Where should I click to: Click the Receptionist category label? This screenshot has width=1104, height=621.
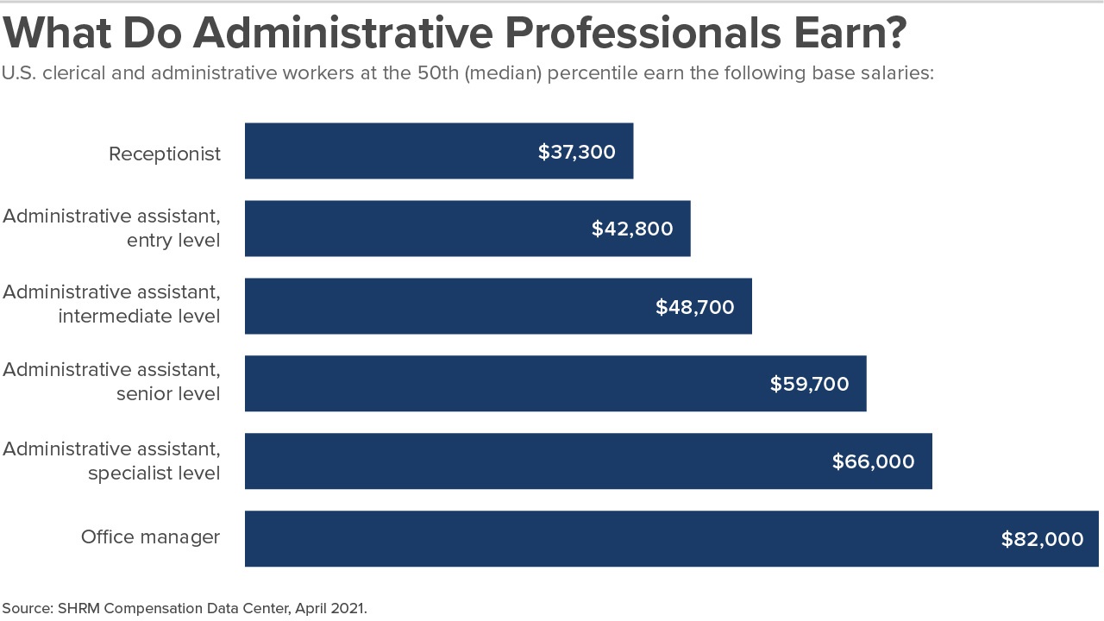tap(165, 154)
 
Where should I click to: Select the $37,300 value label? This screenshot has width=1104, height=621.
tap(577, 153)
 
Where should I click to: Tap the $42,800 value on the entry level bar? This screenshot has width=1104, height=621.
tap(632, 229)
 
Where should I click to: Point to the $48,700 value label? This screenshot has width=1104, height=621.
tap(695, 307)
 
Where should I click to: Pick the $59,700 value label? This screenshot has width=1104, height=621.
tap(810, 385)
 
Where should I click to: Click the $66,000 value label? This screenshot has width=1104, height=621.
tap(874, 462)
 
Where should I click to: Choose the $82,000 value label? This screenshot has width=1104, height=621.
tap(1043, 540)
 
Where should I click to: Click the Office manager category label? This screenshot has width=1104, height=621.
tap(151, 537)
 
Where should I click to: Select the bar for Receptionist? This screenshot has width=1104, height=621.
tap(388, 151)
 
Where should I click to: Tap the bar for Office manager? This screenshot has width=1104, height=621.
tap(604, 539)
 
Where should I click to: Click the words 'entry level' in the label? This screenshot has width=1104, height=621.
tap(173, 240)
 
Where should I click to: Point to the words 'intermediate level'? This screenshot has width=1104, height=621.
tap(140, 317)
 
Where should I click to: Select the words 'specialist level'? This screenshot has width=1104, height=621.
tap(154, 474)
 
